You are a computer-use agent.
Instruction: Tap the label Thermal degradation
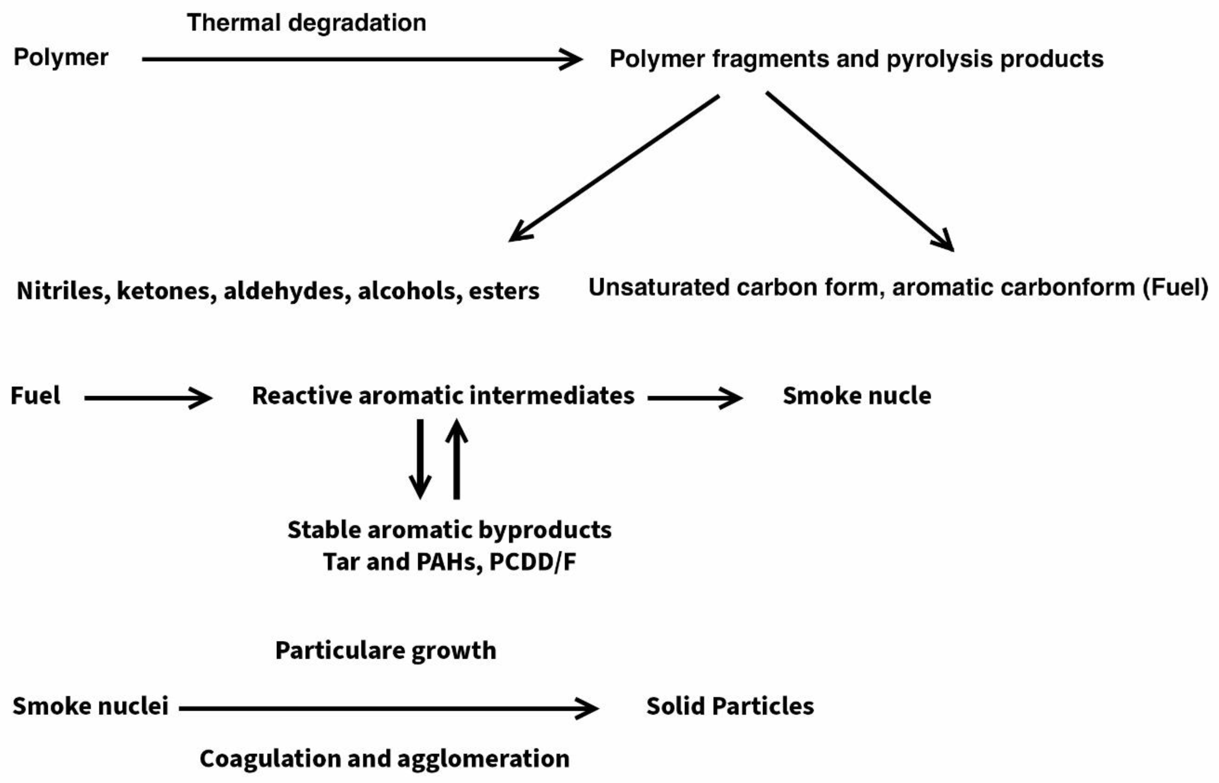[x=306, y=23]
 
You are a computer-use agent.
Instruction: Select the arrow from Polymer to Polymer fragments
[x=361, y=60]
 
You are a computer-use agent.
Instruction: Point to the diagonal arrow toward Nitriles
[x=614, y=168]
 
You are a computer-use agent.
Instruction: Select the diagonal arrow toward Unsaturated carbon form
[x=860, y=171]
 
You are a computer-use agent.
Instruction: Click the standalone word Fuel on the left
[x=35, y=395]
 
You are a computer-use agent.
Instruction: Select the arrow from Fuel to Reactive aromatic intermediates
[x=148, y=398]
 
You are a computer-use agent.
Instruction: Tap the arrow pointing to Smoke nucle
[x=695, y=398]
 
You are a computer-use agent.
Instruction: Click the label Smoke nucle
[x=857, y=395]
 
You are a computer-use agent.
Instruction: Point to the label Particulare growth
[x=385, y=650]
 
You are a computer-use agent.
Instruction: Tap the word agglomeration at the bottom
[x=483, y=758]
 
